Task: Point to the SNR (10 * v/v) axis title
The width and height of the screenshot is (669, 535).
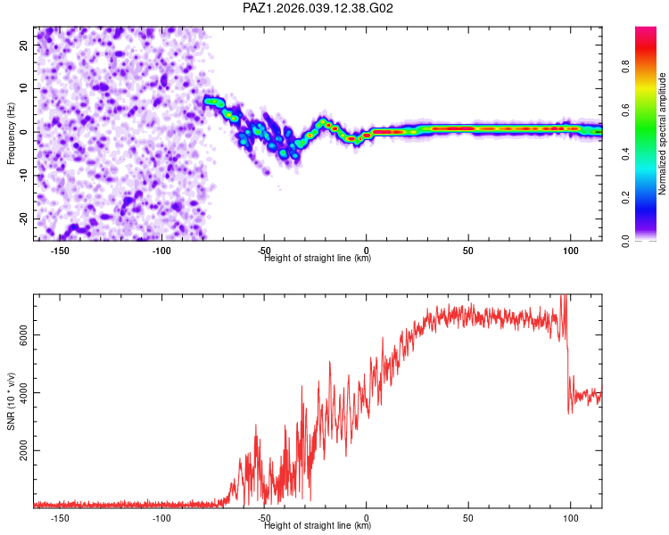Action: click(12, 400)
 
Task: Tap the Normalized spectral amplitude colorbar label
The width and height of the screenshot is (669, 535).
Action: click(663, 134)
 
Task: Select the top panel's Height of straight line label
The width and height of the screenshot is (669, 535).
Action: click(318, 258)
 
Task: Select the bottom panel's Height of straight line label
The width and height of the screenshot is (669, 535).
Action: click(318, 525)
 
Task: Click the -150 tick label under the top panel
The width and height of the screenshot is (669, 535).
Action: click(60, 250)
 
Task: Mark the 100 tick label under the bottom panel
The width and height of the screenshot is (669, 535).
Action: click(571, 517)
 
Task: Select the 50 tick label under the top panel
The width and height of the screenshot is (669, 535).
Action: click(468, 250)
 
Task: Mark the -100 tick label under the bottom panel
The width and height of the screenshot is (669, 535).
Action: click(161, 517)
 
